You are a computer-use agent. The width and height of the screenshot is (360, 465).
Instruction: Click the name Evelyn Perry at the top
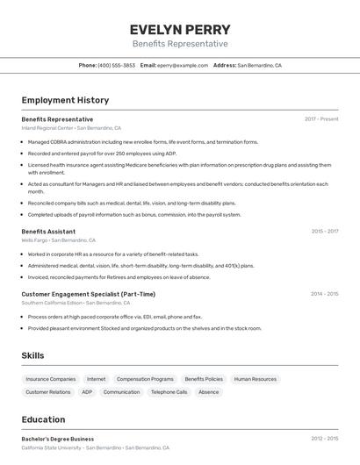pos(180,29)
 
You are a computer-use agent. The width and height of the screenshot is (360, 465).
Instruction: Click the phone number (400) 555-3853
pos(116,66)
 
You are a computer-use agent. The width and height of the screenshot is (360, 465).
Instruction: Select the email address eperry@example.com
pos(183,66)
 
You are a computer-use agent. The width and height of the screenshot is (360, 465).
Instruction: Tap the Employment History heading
pos(65,101)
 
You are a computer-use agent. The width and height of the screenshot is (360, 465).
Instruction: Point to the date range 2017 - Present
pos(321,119)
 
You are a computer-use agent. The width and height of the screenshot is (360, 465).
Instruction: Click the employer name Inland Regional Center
pos(47,128)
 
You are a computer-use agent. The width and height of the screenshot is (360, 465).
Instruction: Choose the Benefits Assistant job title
pos(48,232)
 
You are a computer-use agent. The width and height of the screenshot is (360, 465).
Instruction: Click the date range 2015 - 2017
pos(325,232)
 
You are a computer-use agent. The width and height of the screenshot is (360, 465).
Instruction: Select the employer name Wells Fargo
pos(34,240)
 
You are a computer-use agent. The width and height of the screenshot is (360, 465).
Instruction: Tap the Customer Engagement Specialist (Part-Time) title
pos(88,294)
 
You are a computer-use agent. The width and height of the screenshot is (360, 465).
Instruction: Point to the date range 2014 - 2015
pos(325,294)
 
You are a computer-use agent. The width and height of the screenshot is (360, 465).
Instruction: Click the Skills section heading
pos(32,355)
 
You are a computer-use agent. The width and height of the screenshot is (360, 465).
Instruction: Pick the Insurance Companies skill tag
pos(51,379)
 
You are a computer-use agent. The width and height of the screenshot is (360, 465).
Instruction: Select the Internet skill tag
pos(96,379)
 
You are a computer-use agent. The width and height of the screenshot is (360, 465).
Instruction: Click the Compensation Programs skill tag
pos(145,379)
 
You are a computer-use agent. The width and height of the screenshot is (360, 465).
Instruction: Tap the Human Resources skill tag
pos(256,379)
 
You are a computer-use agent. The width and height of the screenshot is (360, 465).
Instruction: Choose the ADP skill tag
pos(87,392)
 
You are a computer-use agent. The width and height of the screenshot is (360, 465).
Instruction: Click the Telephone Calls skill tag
pos(169,392)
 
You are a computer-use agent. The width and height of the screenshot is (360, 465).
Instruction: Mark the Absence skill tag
pos(208,392)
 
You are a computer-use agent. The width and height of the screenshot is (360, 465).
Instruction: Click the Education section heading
pos(43,419)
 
